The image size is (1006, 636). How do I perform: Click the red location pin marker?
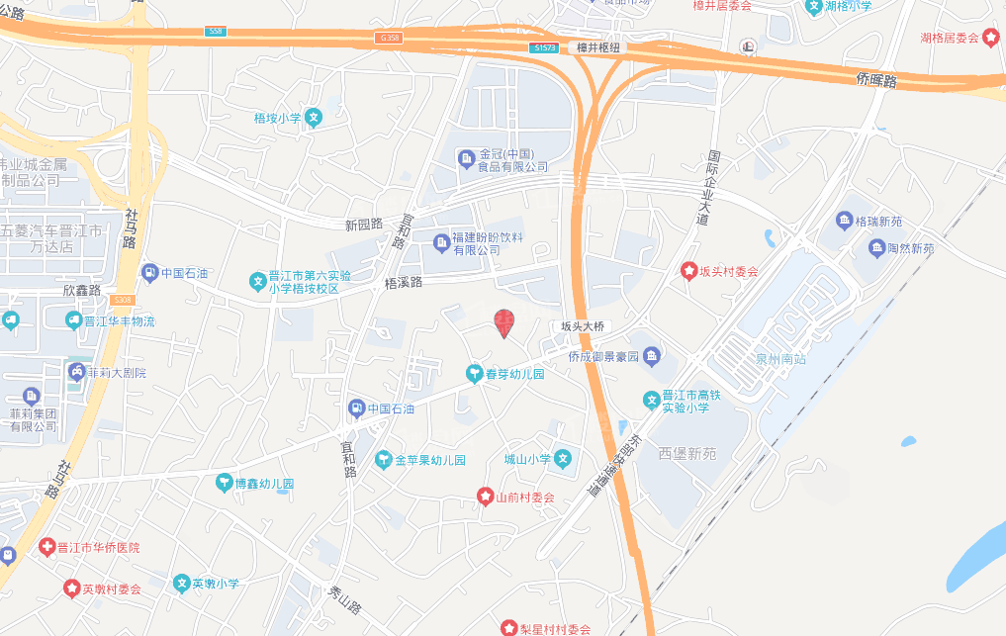503,322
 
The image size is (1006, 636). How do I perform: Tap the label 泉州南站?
780,358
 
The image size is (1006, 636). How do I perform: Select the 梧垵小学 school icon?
314,118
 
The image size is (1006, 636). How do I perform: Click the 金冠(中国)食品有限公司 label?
513,160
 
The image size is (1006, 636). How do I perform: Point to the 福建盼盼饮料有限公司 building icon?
441,241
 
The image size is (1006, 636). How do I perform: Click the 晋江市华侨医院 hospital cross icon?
46,547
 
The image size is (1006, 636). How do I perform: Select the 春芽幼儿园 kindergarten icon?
474,373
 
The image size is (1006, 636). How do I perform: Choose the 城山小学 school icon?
562,458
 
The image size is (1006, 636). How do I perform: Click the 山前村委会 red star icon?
485,497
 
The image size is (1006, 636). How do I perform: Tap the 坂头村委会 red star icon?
689,271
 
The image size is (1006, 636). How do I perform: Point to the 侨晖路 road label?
876,81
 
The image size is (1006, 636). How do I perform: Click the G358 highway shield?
389,38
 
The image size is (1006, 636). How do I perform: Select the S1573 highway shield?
543,47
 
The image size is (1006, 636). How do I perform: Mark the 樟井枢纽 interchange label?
597,47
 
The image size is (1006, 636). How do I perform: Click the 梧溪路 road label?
403,283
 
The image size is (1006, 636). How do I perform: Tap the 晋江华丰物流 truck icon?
73,320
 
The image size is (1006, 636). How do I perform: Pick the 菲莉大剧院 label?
117,373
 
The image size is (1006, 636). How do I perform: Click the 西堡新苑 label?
687,453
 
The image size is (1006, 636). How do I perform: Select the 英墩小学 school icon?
182,584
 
